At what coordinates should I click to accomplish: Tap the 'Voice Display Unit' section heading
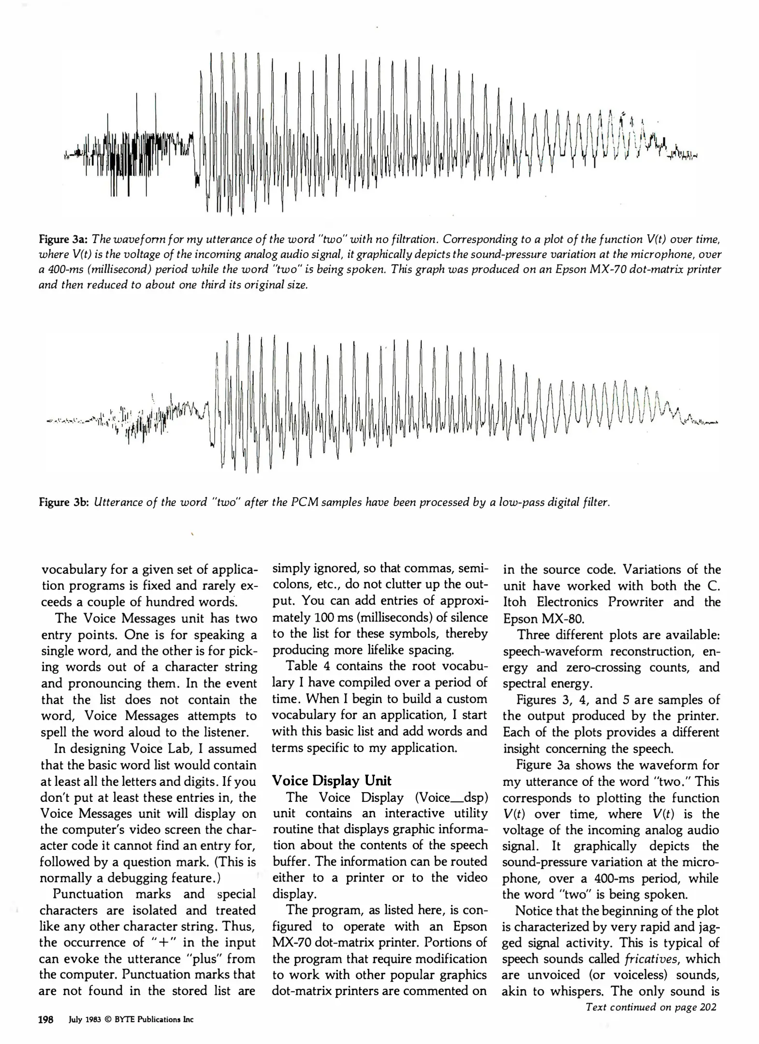click(x=332, y=781)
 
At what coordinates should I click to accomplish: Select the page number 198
click(x=45, y=1020)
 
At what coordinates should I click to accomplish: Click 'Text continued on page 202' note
click(x=651, y=1007)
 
